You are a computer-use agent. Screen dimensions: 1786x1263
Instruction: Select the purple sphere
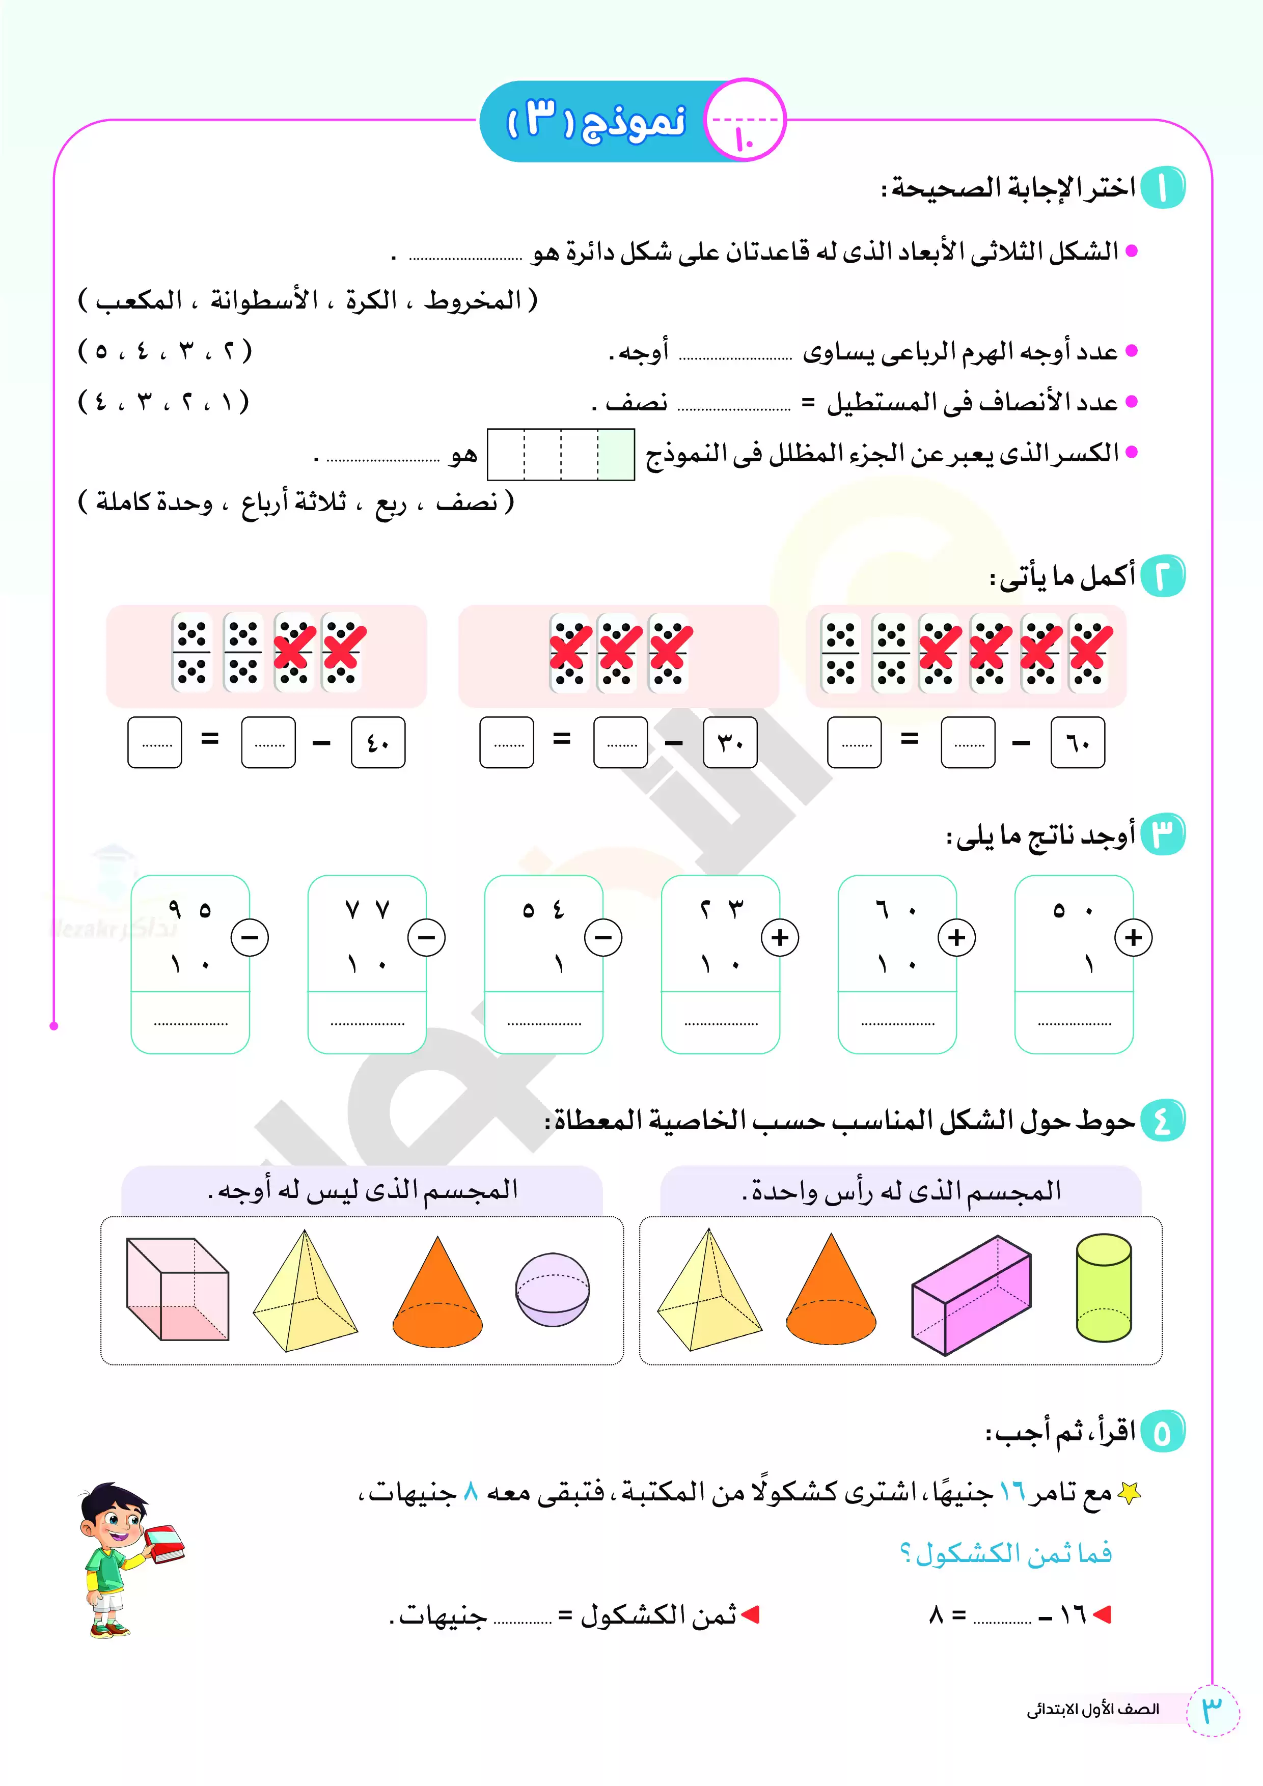[553, 1289]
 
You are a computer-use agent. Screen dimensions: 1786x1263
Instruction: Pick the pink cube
[177, 1289]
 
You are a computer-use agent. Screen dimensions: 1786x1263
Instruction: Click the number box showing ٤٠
[378, 743]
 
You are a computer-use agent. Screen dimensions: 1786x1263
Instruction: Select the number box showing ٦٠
[1077, 743]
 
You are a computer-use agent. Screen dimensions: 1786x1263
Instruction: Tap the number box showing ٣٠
[730, 743]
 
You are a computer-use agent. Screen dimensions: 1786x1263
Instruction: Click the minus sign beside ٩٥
[250, 937]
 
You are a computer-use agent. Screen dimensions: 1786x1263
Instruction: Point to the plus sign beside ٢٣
[780, 937]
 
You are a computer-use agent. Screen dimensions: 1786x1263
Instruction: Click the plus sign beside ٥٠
[1133, 937]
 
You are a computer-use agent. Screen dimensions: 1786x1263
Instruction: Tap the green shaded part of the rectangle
[616, 454]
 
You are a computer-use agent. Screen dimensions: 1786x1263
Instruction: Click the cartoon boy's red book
[163, 1542]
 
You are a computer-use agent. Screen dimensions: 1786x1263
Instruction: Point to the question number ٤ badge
[1162, 1122]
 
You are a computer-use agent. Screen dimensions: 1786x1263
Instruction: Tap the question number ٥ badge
[1162, 1431]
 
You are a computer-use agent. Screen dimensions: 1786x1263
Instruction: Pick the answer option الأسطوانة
[265, 300]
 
